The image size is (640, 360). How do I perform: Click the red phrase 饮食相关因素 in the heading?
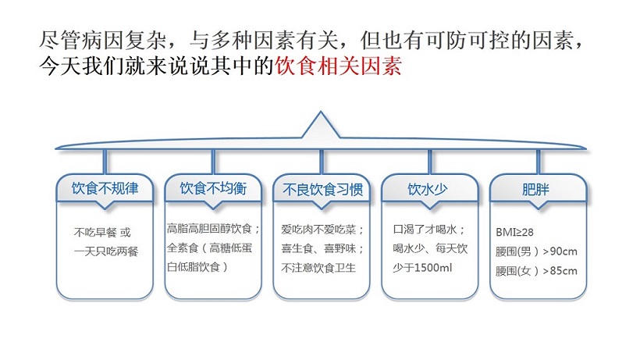(339, 68)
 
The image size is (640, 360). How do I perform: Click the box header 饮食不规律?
(105, 188)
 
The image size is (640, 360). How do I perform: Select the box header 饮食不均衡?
(212, 188)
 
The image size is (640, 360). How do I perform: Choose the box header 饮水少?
(428, 188)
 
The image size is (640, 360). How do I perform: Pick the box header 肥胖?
(537, 188)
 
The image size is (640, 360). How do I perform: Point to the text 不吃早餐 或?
(102, 232)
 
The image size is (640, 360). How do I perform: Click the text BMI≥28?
(514, 233)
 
